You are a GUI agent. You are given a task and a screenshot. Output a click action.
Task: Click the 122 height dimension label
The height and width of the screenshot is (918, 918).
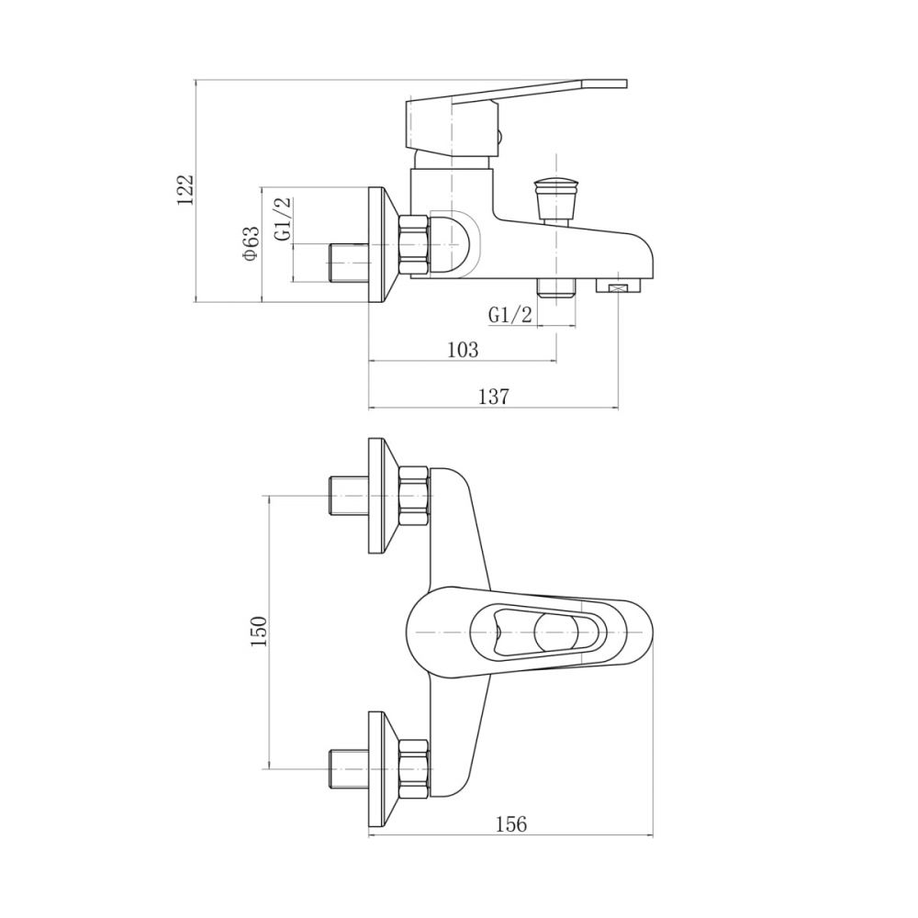(185, 189)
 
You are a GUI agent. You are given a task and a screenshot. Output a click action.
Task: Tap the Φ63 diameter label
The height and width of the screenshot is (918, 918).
(250, 243)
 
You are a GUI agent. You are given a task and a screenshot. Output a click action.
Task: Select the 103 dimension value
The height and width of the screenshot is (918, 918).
(463, 350)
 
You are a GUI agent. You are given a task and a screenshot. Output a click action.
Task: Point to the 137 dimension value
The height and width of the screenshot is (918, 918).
(494, 397)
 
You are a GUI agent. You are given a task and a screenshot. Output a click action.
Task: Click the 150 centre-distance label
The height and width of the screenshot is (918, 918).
(258, 632)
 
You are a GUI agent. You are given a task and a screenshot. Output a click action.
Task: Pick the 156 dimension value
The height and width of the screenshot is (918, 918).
(511, 824)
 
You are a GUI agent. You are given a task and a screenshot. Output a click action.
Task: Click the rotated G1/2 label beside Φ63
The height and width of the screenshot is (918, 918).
(283, 218)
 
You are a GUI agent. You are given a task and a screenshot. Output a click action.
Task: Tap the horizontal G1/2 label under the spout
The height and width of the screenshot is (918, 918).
(510, 316)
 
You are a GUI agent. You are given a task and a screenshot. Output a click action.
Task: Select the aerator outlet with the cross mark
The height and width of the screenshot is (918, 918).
(618, 285)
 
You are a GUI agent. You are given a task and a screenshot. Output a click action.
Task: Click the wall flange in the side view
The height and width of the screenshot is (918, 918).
(384, 244)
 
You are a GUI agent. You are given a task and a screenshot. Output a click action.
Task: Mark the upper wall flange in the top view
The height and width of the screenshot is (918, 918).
(384, 496)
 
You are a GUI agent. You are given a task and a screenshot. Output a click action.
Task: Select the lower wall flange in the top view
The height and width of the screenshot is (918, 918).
(384, 768)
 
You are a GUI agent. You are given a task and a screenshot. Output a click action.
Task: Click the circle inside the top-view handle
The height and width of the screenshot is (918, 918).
(555, 633)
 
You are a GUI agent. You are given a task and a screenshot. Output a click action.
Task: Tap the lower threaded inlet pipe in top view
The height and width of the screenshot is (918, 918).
(348, 768)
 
